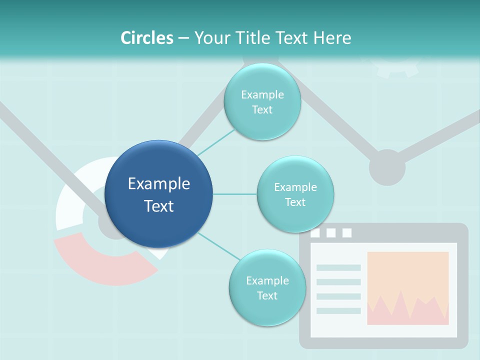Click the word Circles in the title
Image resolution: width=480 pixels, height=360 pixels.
coord(146,38)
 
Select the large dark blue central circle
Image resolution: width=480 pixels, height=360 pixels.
coord(158,194)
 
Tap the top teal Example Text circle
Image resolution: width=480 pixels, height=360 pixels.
coord(262,102)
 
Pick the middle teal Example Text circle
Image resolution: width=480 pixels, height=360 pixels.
coord(295,194)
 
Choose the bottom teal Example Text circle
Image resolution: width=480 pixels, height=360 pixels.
coord(267,288)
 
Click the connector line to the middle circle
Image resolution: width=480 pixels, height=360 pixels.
coord(234,194)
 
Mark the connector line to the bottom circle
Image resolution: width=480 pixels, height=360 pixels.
coord(218,246)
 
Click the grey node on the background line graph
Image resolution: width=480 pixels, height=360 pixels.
coord(387,167)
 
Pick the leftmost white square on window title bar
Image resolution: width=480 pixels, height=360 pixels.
coord(315,233)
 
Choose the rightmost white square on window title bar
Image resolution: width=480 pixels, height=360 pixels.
coord(347,233)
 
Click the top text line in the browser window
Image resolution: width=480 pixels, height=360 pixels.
coord(338,267)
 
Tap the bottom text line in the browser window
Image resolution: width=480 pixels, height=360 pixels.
coord(338,310)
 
